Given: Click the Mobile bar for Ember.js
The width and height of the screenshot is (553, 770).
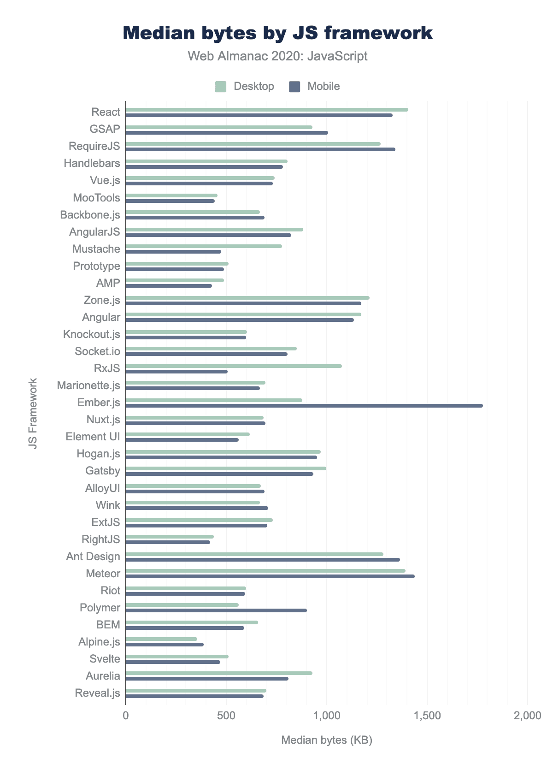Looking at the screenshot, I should click(x=304, y=406).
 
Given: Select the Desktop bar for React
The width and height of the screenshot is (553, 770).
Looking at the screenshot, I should click(x=267, y=110).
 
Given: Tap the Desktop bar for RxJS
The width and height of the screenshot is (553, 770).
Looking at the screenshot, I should click(x=234, y=366).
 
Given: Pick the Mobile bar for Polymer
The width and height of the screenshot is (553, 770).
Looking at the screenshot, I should click(x=216, y=610).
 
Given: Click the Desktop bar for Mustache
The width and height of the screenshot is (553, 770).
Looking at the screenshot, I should click(x=204, y=246).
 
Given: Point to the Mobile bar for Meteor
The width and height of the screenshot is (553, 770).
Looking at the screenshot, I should click(x=270, y=576).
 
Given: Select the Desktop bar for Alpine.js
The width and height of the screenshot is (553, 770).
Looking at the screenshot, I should click(x=161, y=639).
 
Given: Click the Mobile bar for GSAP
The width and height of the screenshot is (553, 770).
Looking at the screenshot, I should click(x=227, y=133).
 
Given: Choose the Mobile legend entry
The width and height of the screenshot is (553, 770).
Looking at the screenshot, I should click(x=315, y=86).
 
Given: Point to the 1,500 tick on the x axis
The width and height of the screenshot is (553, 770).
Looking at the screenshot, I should click(x=427, y=716).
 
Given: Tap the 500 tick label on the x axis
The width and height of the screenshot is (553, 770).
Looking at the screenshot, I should click(x=226, y=716).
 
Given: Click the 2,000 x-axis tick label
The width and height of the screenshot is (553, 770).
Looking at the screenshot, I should click(x=528, y=716).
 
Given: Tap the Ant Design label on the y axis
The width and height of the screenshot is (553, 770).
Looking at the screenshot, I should click(x=93, y=557).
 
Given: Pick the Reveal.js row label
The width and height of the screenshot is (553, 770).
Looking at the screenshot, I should click(x=97, y=693).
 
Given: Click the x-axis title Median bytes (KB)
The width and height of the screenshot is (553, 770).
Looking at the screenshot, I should click(x=327, y=740).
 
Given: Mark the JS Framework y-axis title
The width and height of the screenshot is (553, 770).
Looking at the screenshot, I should click(x=33, y=413).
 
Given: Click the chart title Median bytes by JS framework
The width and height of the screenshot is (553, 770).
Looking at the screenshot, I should click(x=277, y=33).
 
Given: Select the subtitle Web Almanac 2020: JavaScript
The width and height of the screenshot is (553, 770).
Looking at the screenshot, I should click(x=277, y=56).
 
